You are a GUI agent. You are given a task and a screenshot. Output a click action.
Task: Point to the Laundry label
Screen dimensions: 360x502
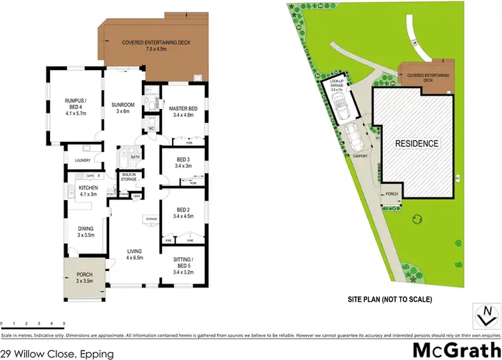(83, 161)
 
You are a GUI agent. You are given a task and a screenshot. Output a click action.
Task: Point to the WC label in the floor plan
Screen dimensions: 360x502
(151, 128)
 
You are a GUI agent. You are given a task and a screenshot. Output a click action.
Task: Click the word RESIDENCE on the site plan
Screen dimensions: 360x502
(416, 143)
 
